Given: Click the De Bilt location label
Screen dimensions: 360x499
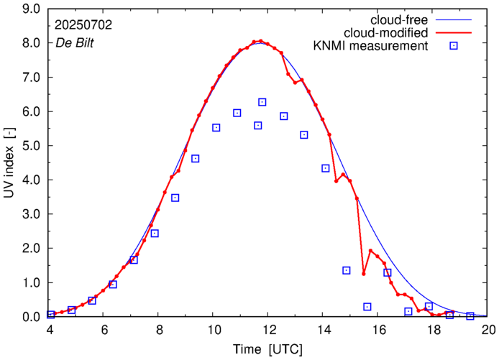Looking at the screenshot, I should click(x=75, y=42).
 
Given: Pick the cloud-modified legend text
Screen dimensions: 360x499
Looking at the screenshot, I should click(x=387, y=33).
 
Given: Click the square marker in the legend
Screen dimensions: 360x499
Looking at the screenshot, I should click(x=454, y=47).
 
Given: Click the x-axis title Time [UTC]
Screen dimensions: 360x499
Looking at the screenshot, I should click(x=269, y=349).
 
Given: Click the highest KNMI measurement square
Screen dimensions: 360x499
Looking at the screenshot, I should click(x=262, y=102).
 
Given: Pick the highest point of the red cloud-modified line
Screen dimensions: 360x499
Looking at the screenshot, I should click(x=261, y=41).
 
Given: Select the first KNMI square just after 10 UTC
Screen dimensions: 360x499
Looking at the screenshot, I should click(x=216, y=127).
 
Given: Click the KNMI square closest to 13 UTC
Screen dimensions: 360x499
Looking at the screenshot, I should click(x=304, y=134).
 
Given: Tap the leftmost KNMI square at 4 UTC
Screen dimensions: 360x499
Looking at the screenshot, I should click(x=51, y=314).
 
